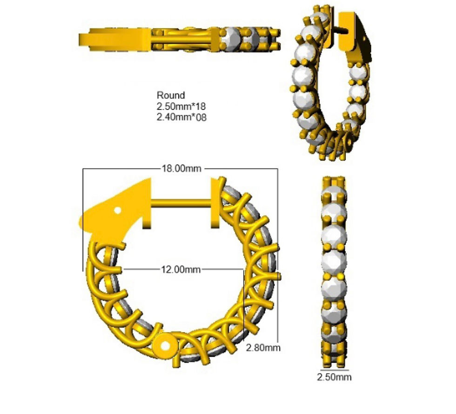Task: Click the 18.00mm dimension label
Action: click(181, 168)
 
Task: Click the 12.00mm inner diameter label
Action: click(181, 269)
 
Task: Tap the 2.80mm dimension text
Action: click(263, 347)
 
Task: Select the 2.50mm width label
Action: click(334, 377)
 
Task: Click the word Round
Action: click(171, 95)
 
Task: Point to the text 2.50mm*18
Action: click(181, 106)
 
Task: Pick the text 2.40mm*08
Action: click(181, 117)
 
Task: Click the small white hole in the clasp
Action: click(117, 210)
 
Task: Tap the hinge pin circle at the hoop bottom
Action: click(166, 346)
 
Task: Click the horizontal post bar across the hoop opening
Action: click(181, 203)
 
